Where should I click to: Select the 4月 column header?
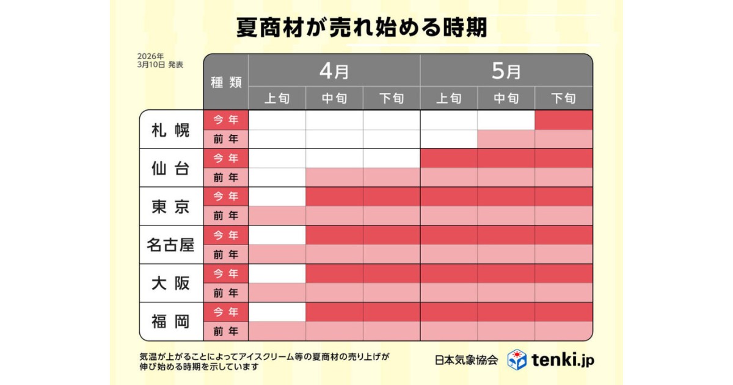(x=334, y=71)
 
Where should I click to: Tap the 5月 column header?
(x=506, y=71)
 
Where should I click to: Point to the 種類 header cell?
(x=226, y=82)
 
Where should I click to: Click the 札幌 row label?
(x=171, y=130)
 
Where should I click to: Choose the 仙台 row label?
(x=171, y=168)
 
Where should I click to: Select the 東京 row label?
(x=171, y=207)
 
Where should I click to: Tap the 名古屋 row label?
(x=171, y=245)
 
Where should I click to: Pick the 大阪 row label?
(x=171, y=284)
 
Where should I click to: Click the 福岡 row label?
(x=171, y=321)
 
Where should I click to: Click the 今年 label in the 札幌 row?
(x=226, y=120)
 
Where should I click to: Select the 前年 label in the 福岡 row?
(x=226, y=331)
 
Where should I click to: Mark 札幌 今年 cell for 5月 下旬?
(x=564, y=120)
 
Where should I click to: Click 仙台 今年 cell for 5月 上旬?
(x=449, y=158)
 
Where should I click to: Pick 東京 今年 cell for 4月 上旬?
(x=277, y=197)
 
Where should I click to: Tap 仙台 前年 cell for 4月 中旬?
(x=334, y=178)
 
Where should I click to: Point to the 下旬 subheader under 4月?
(x=392, y=98)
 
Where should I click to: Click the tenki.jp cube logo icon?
(x=517, y=359)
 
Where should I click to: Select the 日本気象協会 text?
(x=467, y=360)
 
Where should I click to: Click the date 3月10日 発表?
(x=161, y=64)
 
